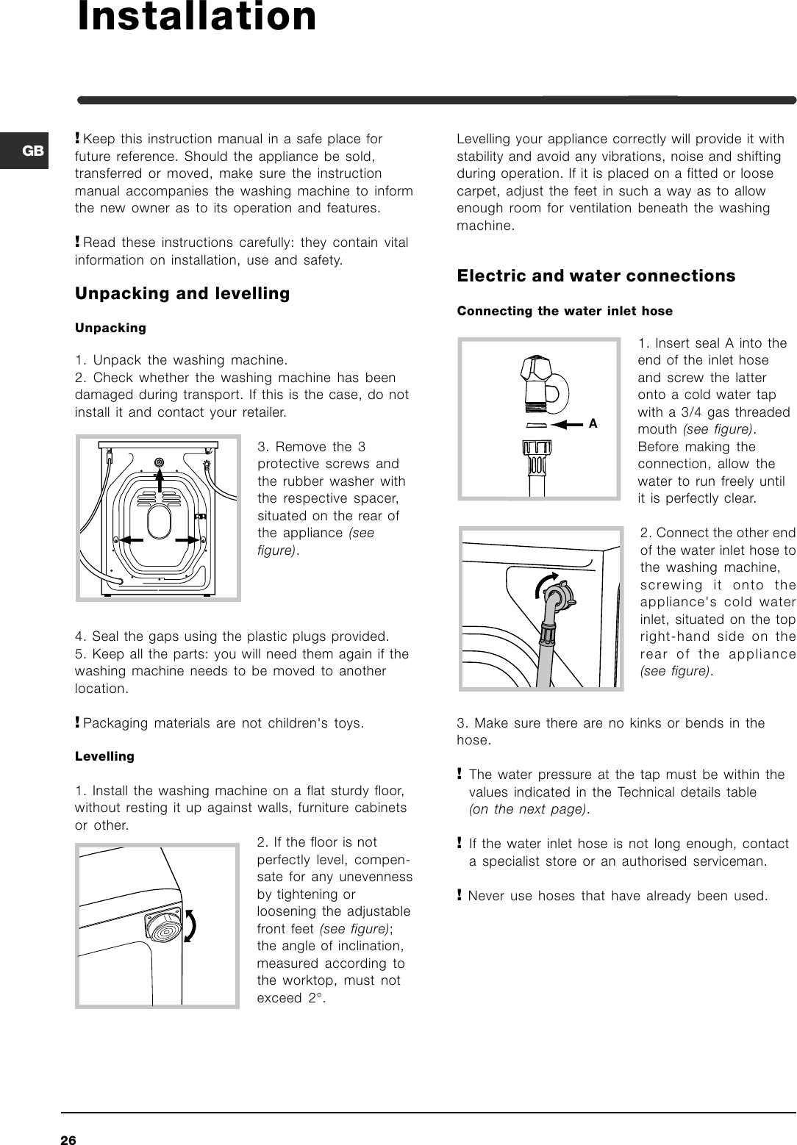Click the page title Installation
pos(197,18)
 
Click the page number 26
pos(68,1140)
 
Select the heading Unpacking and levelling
pos(182,294)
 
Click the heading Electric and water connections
pos(596,276)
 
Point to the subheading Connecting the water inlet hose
pos(564,311)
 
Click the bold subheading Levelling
pos(104,756)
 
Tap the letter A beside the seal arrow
pos(593,424)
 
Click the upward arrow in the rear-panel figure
pos(160,485)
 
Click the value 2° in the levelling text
pos(314,998)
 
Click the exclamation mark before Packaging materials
pos(78,722)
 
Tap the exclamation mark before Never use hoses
pos(460,895)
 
